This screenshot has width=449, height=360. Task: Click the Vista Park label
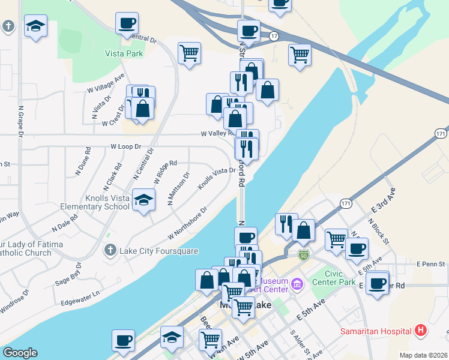point(123,53)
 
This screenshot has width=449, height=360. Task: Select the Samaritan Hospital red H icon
point(421,331)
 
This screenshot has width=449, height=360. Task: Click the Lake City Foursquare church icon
point(110,250)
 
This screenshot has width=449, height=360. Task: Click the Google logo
point(20,353)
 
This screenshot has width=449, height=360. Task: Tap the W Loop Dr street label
point(125,146)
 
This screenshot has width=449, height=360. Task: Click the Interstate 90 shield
point(304,254)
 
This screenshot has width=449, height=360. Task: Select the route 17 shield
point(274,37)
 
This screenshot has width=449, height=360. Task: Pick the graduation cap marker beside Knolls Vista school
point(143,200)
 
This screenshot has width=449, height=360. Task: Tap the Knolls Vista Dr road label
point(217,178)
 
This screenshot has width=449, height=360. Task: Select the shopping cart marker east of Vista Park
point(189,53)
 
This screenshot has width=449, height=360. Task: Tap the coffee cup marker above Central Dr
point(127,24)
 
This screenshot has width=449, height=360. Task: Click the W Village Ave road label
point(106,84)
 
